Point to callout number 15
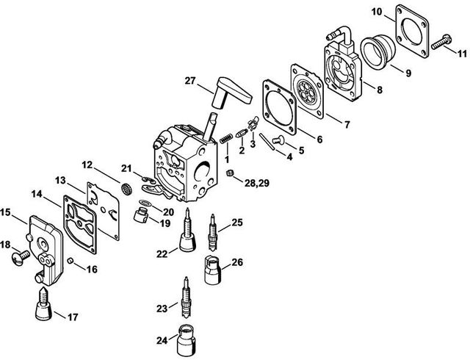point(7,213)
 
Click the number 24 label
point(161,339)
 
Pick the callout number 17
point(72,317)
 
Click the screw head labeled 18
point(21,256)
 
